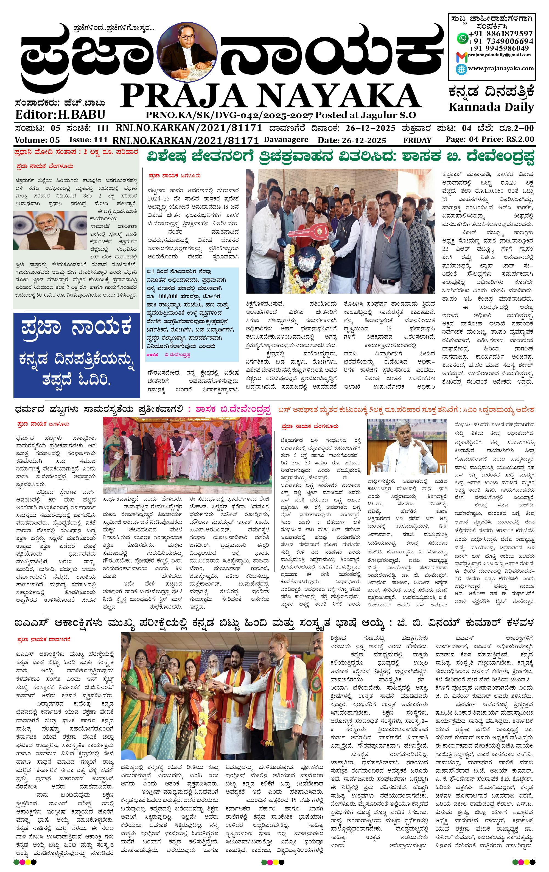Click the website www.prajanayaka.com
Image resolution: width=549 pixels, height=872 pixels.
[x=500, y=68]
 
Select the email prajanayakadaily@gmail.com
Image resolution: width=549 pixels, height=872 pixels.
[x=499, y=55]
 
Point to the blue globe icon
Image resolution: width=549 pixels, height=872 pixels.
[x=461, y=69]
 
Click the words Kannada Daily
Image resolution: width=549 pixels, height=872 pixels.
[x=491, y=107]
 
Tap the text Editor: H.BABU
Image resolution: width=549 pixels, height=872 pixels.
[x=60, y=115]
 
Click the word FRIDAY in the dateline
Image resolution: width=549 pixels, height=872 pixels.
[x=417, y=140]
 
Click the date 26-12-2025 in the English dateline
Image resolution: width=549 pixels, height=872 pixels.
[x=352, y=140]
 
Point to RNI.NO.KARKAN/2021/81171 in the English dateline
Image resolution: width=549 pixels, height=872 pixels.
[x=186, y=140]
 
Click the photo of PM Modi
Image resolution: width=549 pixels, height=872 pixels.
[x=50, y=231]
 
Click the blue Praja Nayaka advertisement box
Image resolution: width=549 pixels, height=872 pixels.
[x=76, y=355]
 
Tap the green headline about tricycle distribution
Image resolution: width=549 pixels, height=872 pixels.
[x=340, y=157]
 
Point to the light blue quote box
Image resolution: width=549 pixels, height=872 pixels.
[x=192, y=314]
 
